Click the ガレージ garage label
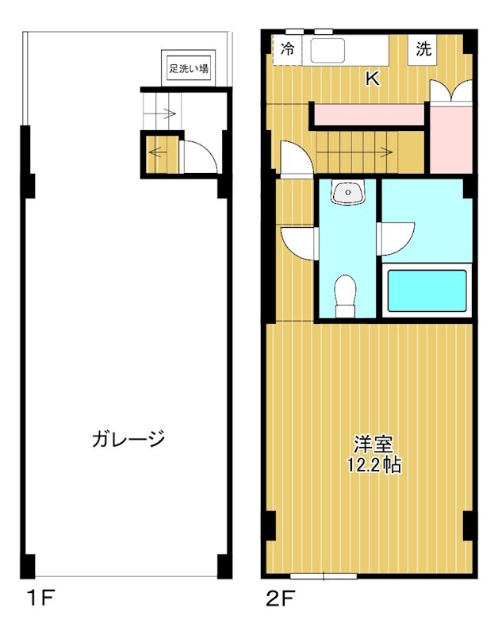(x=128, y=437)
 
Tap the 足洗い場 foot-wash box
(x=188, y=68)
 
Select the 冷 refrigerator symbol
(x=287, y=49)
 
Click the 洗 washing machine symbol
(x=424, y=49)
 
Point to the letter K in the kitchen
(x=372, y=79)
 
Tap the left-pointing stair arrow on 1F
(x=158, y=153)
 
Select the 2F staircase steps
(x=357, y=148)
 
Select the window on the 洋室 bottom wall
(x=323, y=575)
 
